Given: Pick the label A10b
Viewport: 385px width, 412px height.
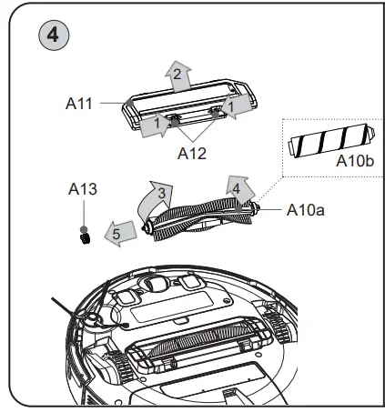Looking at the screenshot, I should [353, 161].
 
